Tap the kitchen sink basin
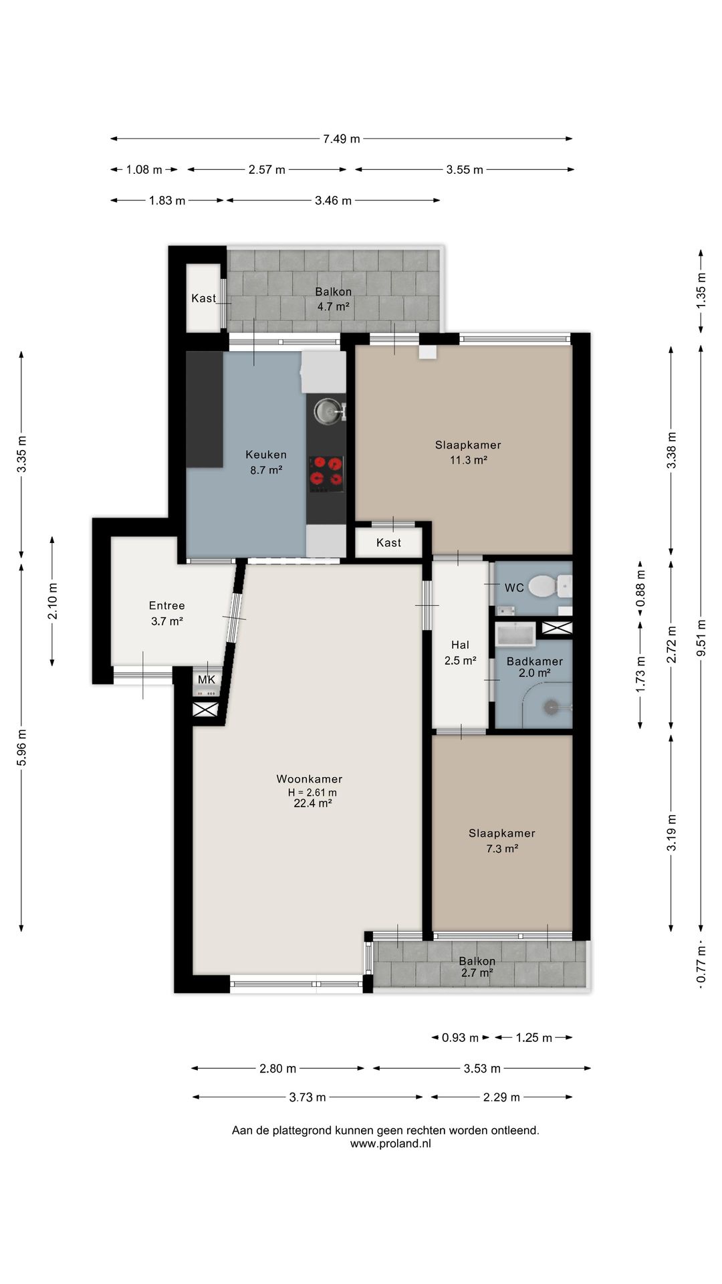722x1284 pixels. pos(327,411)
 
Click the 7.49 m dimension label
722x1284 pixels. pos(342,139)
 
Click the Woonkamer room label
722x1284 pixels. pos(310,779)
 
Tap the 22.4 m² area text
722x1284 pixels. pos(313,804)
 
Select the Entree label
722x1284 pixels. pos(167,606)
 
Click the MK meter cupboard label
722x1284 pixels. pos(207,680)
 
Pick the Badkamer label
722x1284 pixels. pos(535,661)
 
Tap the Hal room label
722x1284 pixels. pos(460,645)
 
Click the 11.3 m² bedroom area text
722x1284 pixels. pos(469,460)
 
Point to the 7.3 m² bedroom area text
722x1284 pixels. pos(502,849)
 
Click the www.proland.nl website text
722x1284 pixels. pos(390,1144)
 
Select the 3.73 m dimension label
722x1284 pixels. pos(308,1097)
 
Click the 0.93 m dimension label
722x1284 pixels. pos(460,1038)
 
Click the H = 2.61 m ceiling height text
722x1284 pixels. pos(312,792)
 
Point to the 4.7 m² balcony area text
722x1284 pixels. pos(334,307)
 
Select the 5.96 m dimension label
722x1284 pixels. pos(21,747)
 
